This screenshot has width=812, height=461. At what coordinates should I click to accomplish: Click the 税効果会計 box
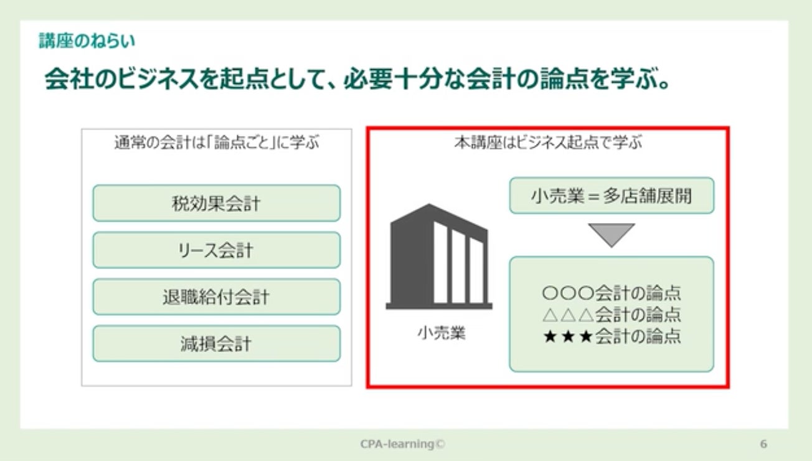click(216, 203)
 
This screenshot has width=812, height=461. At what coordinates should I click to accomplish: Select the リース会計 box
click(216, 250)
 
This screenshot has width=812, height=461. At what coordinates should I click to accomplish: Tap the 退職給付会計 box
click(216, 297)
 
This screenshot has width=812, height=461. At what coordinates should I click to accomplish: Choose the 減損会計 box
click(216, 343)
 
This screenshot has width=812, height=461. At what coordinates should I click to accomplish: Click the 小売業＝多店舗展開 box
click(611, 196)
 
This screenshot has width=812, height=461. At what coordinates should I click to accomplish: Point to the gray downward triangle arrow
click(611, 234)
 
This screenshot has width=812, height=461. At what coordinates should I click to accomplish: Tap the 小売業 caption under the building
click(441, 334)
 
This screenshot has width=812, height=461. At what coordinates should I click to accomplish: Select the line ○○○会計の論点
click(611, 292)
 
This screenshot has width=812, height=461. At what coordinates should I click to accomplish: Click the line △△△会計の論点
click(611, 315)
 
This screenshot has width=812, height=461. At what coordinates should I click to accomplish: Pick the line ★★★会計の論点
click(611, 337)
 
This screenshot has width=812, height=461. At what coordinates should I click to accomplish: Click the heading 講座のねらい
click(87, 42)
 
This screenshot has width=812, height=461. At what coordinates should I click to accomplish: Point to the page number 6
click(763, 444)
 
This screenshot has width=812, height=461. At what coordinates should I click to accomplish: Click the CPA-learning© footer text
click(404, 444)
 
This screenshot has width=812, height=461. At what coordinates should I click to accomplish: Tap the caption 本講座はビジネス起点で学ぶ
click(548, 143)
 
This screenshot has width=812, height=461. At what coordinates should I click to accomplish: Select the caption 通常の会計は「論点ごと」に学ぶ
click(216, 143)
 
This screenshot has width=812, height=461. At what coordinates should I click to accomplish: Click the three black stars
click(568, 337)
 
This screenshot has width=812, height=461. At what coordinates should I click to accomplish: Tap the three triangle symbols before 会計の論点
click(568, 315)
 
